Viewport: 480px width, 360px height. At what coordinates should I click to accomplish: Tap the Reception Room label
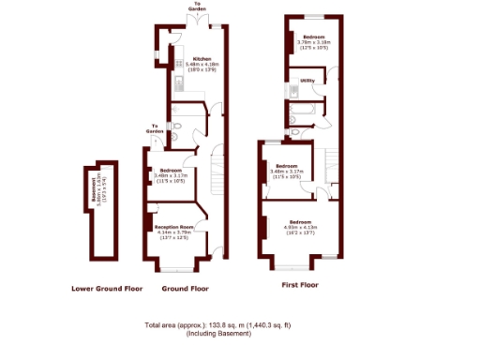pyautogui.click(x=174, y=226)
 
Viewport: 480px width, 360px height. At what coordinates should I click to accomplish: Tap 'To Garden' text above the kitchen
pyautogui.click(x=199, y=7)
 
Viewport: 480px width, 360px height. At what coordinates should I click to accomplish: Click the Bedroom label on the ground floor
pyautogui.click(x=170, y=170)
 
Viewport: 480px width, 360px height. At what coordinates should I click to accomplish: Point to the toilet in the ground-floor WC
pyautogui.click(x=175, y=131)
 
